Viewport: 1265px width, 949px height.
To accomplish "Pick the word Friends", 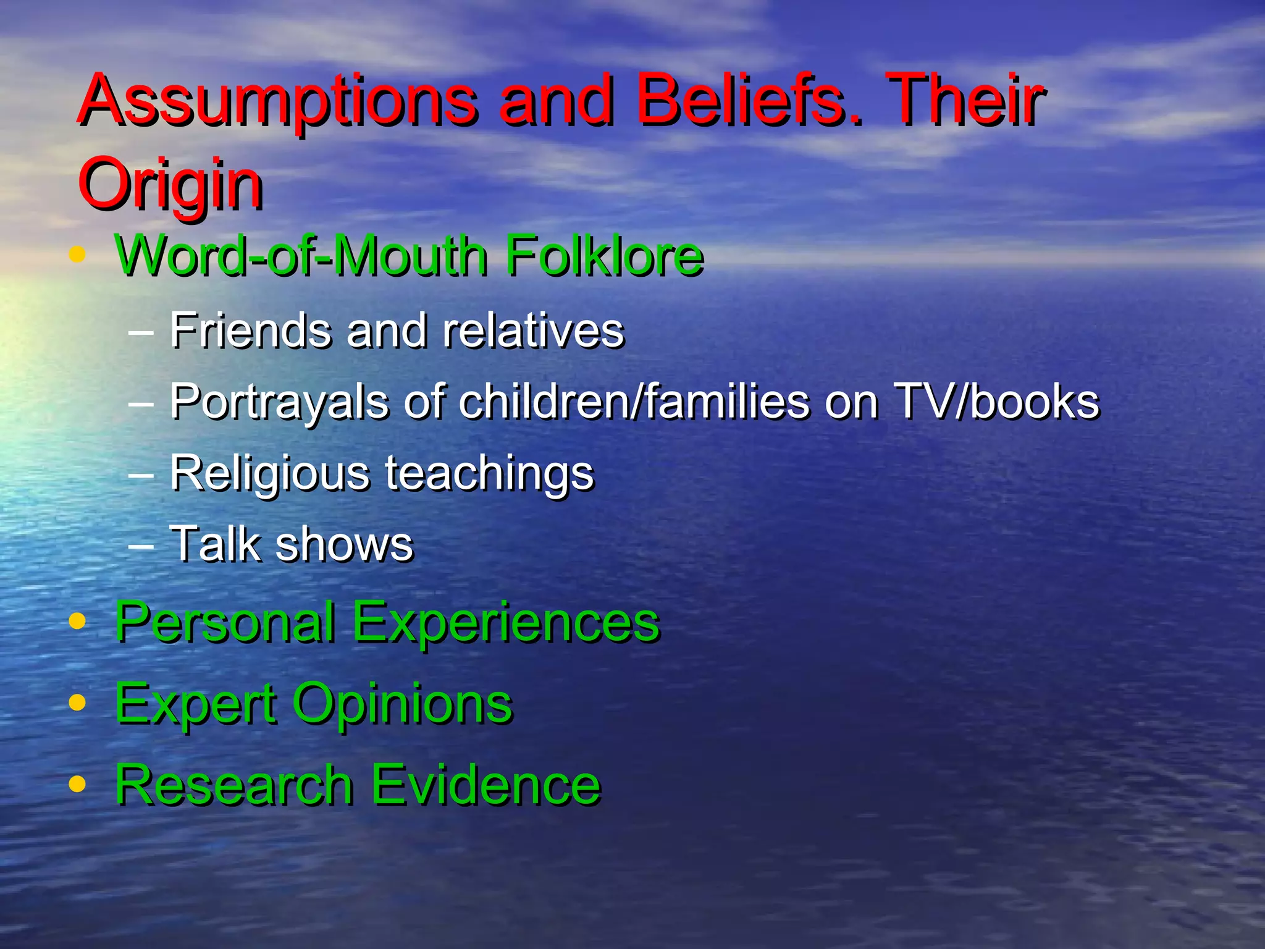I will pyautogui.click(x=251, y=331).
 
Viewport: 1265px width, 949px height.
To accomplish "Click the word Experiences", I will pyautogui.click(x=506, y=623).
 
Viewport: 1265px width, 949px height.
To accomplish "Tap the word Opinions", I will pyautogui.click(x=402, y=704).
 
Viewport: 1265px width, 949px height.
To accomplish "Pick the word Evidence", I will pyautogui.click(x=485, y=785).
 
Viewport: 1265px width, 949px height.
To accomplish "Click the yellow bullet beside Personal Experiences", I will pyautogui.click(x=77, y=620).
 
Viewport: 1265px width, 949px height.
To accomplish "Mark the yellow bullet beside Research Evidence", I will pyautogui.click(x=77, y=783).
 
